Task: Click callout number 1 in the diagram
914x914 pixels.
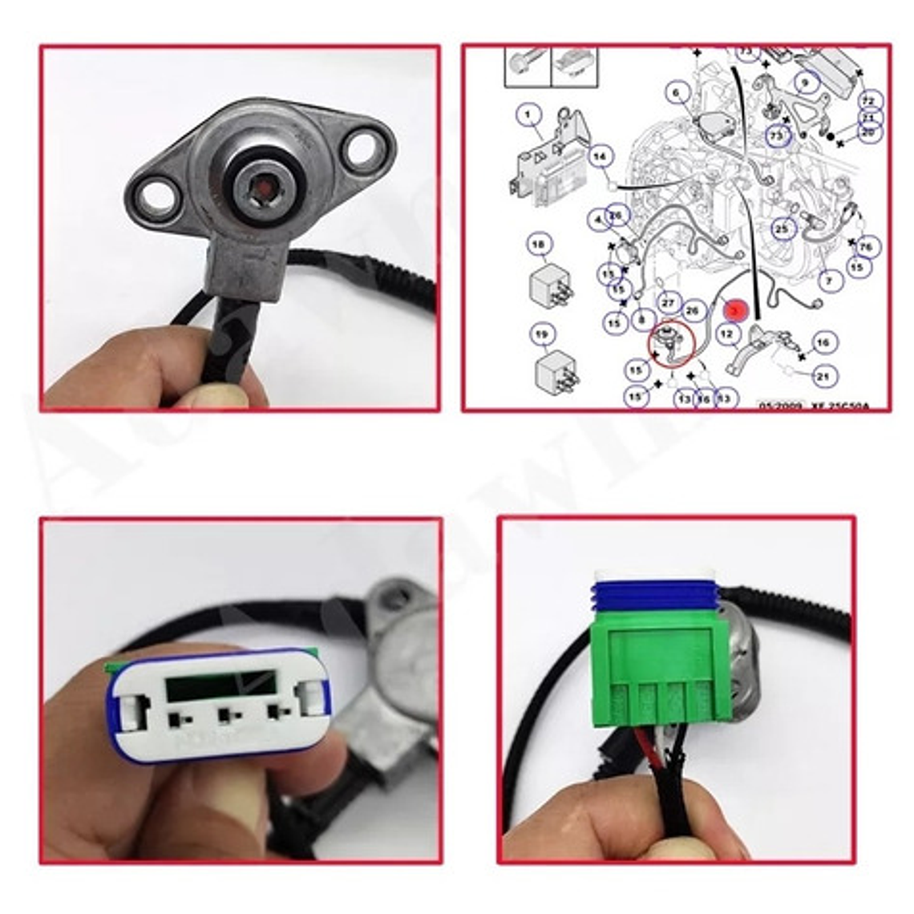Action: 528,115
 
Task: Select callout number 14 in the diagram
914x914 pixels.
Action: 601,157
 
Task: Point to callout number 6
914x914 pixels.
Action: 676,93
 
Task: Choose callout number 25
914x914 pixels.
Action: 783,229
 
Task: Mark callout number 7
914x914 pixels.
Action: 829,281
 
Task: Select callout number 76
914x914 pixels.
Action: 865,246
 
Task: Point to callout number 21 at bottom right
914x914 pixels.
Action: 823,375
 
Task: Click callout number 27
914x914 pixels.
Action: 668,302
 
